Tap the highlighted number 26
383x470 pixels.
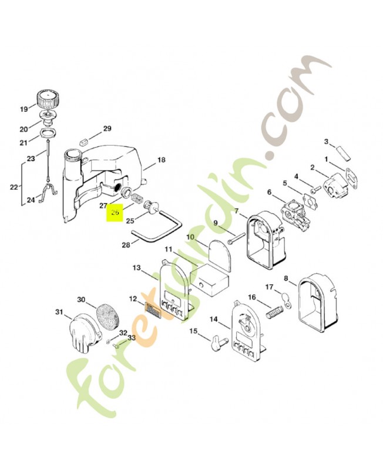115,212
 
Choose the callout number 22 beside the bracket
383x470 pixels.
14,187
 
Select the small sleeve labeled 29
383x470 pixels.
84,141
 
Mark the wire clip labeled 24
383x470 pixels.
49,192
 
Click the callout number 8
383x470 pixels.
286,278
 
